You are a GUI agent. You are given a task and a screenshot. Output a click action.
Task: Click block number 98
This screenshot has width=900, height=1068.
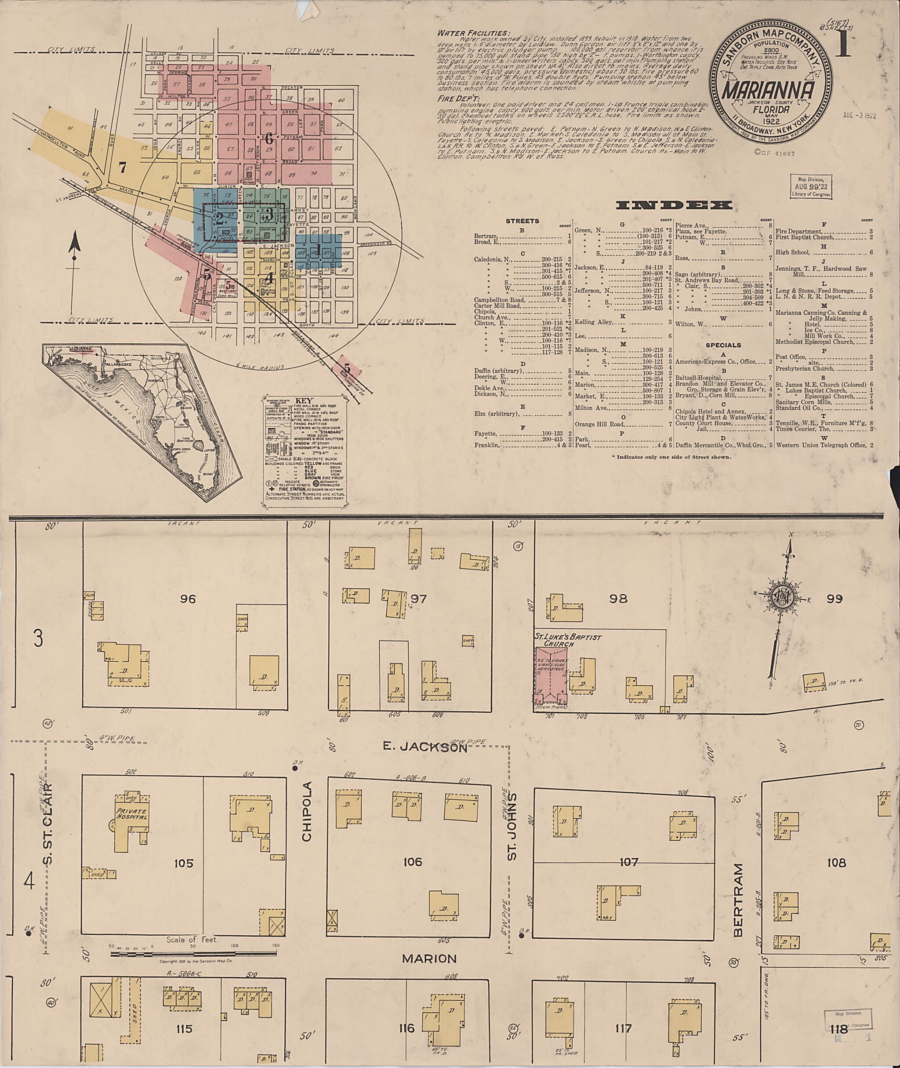coord(618,598)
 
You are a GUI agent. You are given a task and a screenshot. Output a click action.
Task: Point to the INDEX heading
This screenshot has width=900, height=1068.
coord(675,206)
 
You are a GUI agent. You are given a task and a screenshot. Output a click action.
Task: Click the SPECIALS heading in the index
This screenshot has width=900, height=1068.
coord(723,345)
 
